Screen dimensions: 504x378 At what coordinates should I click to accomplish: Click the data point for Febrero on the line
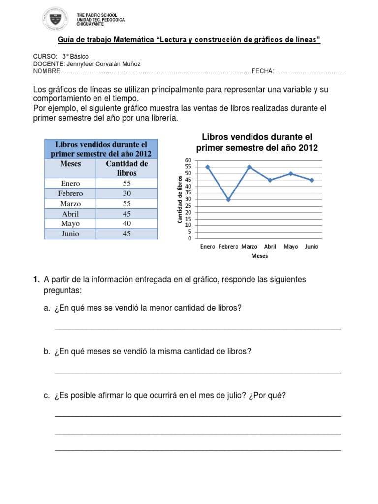[x=228, y=199]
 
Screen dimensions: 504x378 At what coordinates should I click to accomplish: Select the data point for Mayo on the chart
[x=291, y=173]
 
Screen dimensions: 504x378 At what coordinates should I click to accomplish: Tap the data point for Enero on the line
[x=208, y=167]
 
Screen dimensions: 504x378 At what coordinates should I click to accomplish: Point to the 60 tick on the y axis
[x=188, y=160]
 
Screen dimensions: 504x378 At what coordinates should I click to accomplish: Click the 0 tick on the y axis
[x=189, y=238]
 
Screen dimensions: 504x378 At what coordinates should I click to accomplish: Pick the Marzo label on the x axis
[x=250, y=247]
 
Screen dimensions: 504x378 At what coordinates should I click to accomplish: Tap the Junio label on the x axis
[x=312, y=247]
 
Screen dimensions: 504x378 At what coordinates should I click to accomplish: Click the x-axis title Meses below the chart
[x=259, y=256]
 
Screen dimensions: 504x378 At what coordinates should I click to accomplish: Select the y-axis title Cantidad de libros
[x=180, y=199]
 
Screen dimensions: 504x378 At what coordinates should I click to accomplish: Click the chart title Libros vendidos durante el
[x=257, y=137]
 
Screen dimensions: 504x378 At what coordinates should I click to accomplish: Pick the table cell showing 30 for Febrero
[x=127, y=193]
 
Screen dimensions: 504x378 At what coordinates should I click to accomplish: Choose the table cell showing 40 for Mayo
[x=127, y=224]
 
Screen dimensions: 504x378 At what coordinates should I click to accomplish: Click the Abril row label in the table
[x=70, y=214]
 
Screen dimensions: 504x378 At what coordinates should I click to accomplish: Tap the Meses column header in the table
[x=70, y=163]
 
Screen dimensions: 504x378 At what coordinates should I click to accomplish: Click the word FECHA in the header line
[x=262, y=71]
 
